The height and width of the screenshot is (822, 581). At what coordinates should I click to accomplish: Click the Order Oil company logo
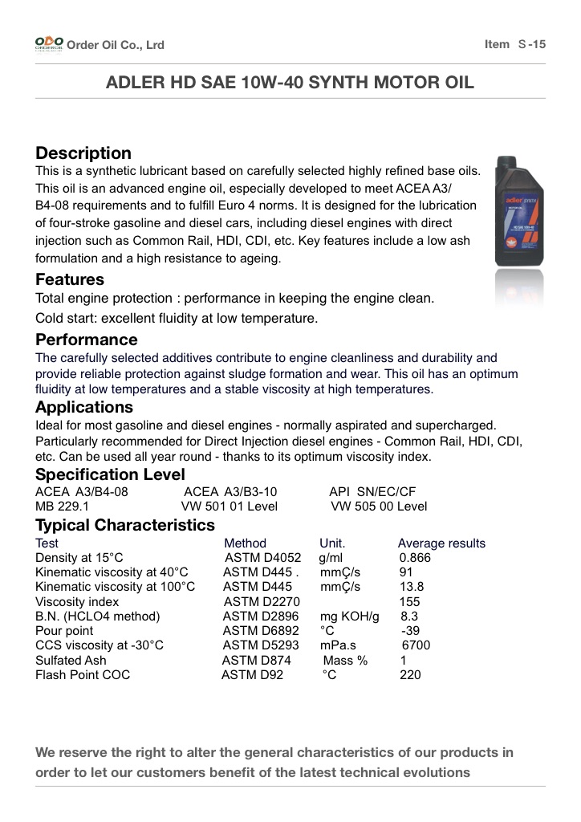coord(48,44)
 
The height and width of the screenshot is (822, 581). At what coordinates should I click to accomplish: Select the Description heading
coord(83,153)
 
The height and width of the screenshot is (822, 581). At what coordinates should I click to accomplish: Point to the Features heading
coord(70,279)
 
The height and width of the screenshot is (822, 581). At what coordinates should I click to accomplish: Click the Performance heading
coord(87,340)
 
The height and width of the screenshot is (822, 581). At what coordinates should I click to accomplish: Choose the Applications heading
coord(84,407)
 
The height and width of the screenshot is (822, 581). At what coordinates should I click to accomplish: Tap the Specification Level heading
coord(110,474)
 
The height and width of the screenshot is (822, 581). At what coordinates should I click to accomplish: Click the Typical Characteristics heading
coord(125,525)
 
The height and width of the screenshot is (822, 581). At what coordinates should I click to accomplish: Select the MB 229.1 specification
coord(63,507)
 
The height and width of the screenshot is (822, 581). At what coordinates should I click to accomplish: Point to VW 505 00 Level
coord(379,507)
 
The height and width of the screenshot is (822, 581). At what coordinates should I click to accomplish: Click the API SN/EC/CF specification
coord(372,491)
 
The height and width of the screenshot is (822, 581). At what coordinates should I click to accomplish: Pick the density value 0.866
coord(415,558)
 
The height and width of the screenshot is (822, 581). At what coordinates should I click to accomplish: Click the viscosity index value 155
coord(409,601)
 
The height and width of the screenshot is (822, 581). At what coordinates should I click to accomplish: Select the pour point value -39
coord(411,631)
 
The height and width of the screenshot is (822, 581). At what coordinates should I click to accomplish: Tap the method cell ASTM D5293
coord(261,645)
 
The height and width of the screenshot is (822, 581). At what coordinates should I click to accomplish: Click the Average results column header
coord(441,543)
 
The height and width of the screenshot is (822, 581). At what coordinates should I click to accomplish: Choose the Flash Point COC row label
coord(83,675)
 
